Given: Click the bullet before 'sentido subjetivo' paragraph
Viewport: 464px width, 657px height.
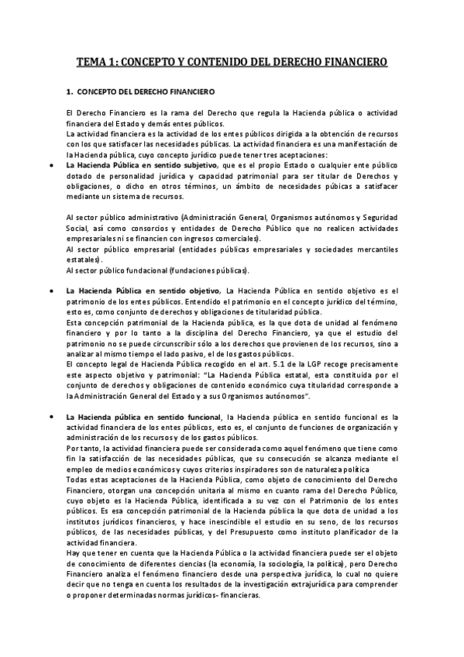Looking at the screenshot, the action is [51, 165].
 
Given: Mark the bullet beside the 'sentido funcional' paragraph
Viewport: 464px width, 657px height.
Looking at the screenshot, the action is [51, 417].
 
